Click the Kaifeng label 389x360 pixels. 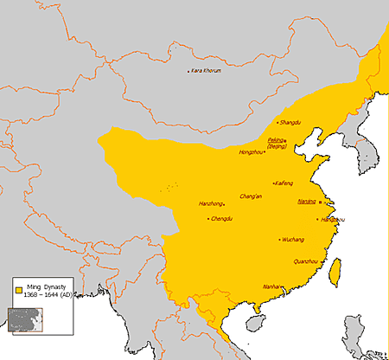tap(285, 183)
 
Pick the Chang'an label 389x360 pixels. tap(252, 196)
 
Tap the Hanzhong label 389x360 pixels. tap(211, 204)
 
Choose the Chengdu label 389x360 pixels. tap(221, 219)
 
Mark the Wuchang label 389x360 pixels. tap(293, 239)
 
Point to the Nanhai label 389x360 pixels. tap(271, 286)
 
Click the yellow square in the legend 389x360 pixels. tap(17, 286)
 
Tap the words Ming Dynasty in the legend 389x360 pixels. tap(42, 283)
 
